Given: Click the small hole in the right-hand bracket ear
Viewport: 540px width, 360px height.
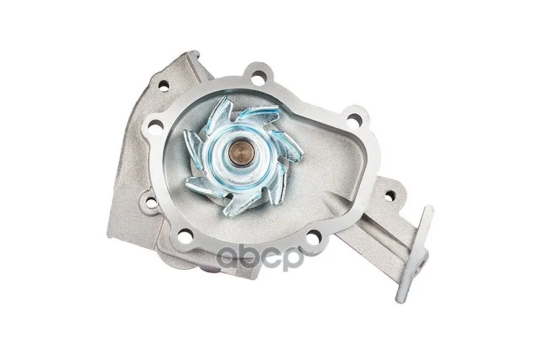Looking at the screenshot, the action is [x=389, y=196].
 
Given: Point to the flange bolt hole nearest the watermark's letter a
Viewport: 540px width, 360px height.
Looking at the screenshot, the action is [x=185, y=236].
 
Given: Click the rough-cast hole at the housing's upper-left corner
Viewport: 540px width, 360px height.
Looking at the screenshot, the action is [x=164, y=85].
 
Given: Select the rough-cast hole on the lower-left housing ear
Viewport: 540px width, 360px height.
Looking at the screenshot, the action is [x=151, y=203].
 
